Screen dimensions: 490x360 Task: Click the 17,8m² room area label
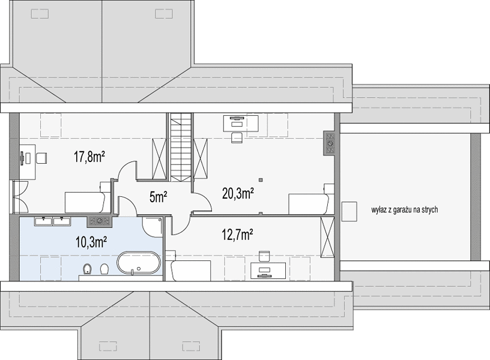click(89, 157)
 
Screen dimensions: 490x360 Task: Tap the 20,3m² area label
click(238, 194)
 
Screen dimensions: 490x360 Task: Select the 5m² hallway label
click(159, 197)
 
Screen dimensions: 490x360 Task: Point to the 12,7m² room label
click(238, 235)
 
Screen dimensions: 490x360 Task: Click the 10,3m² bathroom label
click(92, 242)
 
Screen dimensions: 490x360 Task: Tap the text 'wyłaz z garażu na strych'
click(404, 210)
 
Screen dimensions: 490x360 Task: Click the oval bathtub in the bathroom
click(139, 263)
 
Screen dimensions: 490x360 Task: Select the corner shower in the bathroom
click(152, 227)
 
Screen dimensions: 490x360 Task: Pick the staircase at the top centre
click(181, 148)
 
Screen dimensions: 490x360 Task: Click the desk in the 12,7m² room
click(268, 270)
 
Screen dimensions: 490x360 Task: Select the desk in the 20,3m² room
click(241, 123)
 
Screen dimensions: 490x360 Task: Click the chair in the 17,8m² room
click(41, 158)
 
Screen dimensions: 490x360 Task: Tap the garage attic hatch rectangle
click(349, 211)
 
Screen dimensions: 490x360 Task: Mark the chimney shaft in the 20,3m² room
click(330, 143)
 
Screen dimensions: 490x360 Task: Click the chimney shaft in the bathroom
click(99, 221)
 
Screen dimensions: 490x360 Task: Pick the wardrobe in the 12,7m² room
click(327, 238)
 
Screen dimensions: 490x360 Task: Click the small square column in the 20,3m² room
click(261, 180)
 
